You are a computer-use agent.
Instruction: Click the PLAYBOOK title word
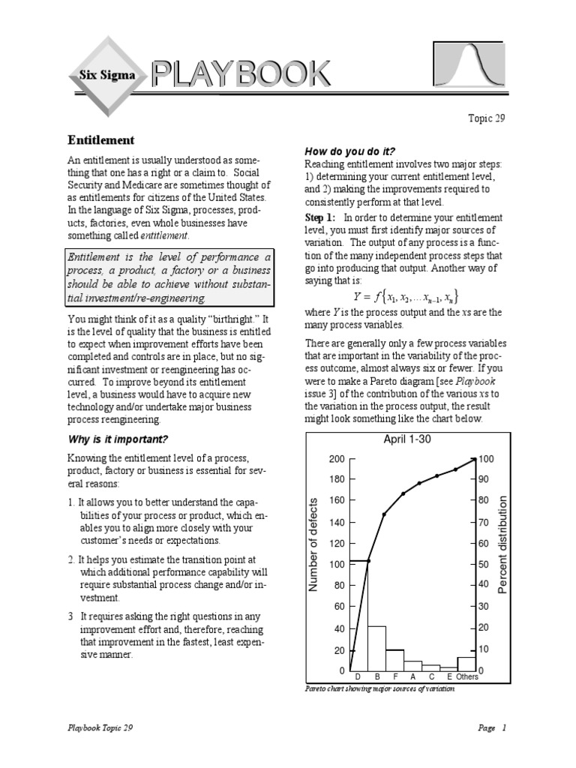click(240, 74)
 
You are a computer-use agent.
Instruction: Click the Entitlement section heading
click(101, 140)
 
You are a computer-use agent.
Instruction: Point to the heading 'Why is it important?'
click(118, 439)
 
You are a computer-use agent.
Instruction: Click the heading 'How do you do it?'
click(349, 151)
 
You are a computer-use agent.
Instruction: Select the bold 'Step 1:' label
click(320, 217)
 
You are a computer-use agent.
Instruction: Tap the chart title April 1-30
click(407, 439)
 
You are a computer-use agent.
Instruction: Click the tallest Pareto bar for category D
click(358, 615)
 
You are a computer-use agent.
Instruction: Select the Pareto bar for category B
click(376, 647)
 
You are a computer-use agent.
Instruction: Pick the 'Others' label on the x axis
click(466, 676)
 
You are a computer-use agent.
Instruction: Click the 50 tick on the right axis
click(484, 563)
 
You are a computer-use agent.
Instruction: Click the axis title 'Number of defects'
click(315, 544)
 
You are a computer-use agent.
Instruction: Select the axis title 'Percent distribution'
click(502, 544)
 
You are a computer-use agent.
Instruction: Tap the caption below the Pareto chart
click(379, 688)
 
